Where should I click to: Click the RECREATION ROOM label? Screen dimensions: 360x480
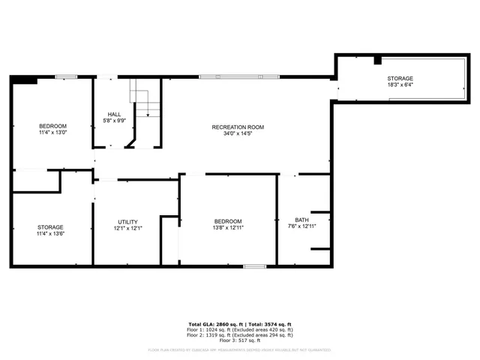(238, 127)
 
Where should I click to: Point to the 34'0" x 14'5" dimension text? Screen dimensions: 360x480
(238, 135)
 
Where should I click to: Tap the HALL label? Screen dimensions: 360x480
(114, 115)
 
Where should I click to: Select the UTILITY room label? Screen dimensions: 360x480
(127, 222)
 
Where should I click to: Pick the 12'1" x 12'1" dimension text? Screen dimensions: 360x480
(127, 229)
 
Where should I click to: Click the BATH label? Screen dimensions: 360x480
(301, 220)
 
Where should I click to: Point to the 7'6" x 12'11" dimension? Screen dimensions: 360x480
(301, 226)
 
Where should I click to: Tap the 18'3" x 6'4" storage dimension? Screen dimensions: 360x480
(400, 85)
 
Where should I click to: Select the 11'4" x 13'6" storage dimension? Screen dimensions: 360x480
(51, 234)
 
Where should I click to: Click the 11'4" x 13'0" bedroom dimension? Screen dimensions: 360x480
(52, 133)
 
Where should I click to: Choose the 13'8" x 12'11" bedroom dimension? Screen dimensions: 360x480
(228, 228)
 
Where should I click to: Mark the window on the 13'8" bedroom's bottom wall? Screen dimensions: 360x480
(254, 265)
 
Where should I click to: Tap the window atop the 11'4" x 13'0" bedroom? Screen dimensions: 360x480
(66, 76)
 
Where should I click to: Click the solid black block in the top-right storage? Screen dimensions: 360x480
(377, 60)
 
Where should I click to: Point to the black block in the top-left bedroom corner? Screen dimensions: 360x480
(27, 80)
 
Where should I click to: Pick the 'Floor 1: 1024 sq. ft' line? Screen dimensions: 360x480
(239, 328)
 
